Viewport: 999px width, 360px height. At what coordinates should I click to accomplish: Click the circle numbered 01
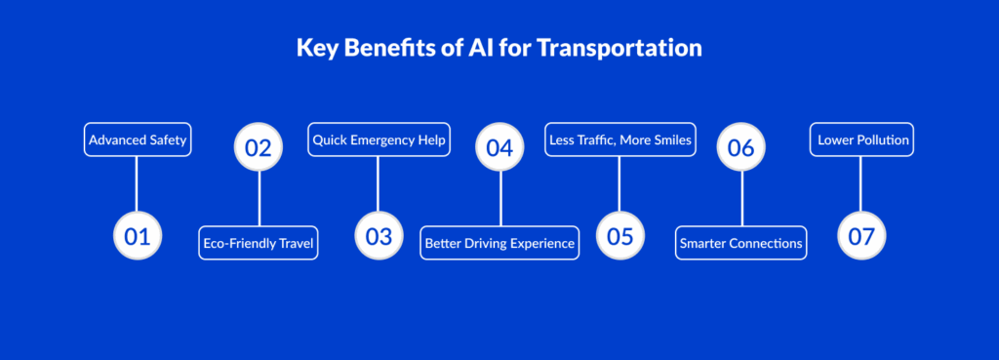(138, 236)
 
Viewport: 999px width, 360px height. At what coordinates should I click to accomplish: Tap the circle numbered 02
(258, 147)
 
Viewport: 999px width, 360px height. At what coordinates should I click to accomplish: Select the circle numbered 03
(380, 236)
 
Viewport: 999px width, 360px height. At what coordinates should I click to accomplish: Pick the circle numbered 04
(499, 147)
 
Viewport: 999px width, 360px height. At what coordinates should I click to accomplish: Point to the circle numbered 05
(619, 236)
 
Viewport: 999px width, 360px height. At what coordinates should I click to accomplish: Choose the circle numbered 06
(741, 147)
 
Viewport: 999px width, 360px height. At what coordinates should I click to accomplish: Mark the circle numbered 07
(861, 236)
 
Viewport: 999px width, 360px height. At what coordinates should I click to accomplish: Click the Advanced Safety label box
(138, 140)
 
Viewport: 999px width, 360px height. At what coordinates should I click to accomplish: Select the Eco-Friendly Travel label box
(259, 243)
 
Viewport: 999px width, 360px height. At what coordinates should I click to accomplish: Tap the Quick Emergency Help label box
(380, 140)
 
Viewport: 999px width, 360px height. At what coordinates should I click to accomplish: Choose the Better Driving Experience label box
(500, 243)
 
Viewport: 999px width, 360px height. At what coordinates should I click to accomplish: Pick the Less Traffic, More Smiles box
(620, 140)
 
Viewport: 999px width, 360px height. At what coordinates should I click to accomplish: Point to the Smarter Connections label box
(741, 243)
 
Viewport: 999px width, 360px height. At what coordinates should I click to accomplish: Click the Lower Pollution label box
(862, 140)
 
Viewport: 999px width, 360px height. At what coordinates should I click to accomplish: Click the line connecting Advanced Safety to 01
(137, 184)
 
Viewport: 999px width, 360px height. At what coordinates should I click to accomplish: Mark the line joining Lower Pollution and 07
(860, 184)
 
